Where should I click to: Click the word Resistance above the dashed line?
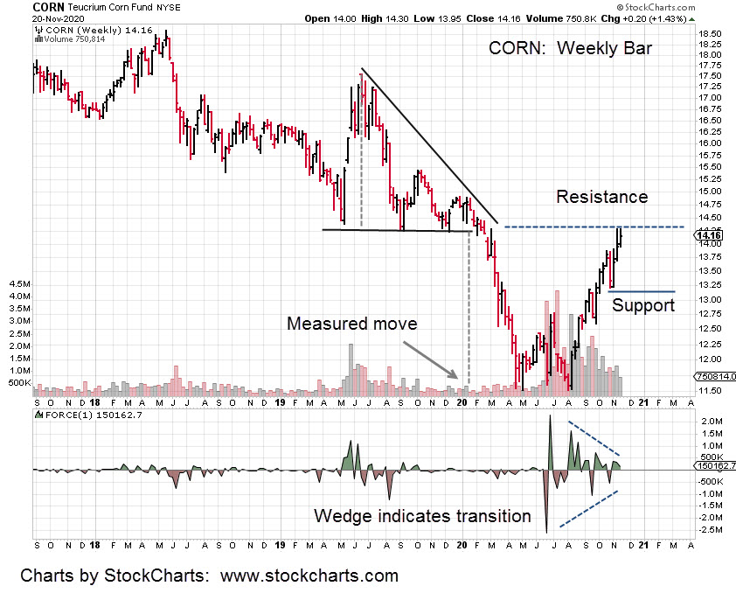pyautogui.click(x=601, y=197)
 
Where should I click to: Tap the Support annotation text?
pyautogui.click(x=642, y=305)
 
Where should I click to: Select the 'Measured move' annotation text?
pyautogui.click(x=352, y=324)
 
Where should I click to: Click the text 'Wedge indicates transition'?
pyautogui.click(x=422, y=516)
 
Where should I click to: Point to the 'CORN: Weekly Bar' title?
pyautogui.click(x=570, y=48)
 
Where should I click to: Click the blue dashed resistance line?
pyautogui.click(x=594, y=227)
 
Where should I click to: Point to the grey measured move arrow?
pyautogui.click(x=428, y=358)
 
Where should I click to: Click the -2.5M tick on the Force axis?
pyautogui.click(x=709, y=529)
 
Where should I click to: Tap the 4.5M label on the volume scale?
pyautogui.click(x=18, y=285)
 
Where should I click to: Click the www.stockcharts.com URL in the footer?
pyautogui.click(x=309, y=576)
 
